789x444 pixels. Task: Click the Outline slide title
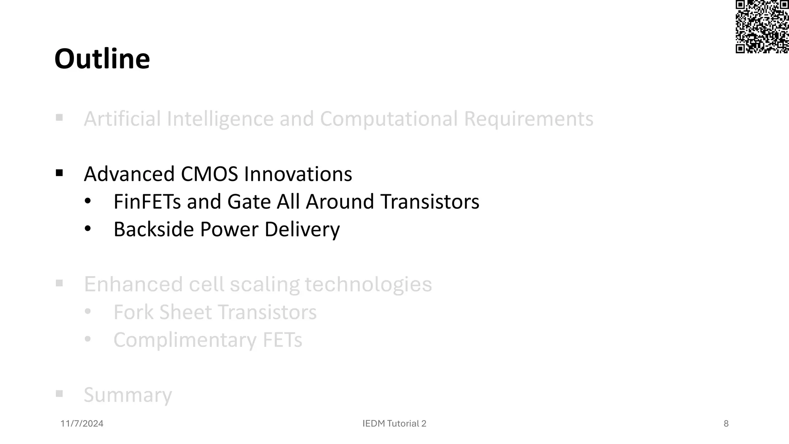102,59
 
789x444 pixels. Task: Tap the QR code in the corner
762,27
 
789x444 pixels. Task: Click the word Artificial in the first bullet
122,119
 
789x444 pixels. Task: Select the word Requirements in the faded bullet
528,119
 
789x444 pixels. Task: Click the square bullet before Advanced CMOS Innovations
59,173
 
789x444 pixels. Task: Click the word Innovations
298,174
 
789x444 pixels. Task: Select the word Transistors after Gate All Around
430,202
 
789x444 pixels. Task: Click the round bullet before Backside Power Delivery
88,229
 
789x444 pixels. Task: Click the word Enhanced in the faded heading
133,284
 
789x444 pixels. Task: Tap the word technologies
368,284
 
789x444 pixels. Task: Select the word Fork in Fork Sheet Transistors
134,312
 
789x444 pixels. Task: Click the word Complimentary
185,340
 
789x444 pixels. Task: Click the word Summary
128,395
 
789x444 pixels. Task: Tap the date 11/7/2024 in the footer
82,424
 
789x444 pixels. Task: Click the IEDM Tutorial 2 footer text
394,424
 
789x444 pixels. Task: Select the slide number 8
726,424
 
